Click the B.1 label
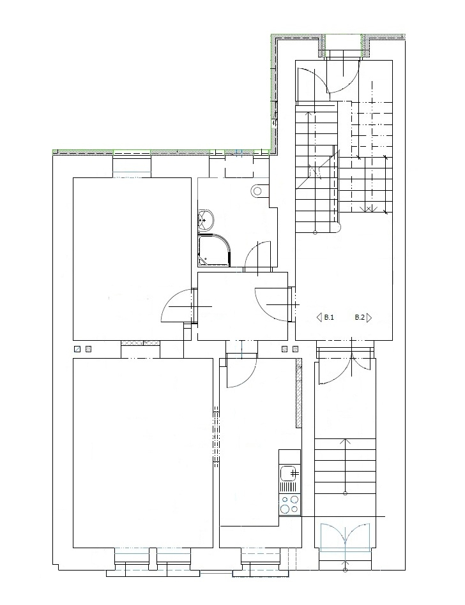[329, 318]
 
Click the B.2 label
[360, 318]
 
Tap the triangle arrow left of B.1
[319, 318]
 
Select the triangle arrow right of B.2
[369, 318]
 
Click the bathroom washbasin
[206, 220]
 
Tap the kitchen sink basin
[289, 472]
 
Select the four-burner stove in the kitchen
[289, 504]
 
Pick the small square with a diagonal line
[77, 349]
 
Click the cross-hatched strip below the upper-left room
[141, 343]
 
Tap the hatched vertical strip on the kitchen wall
[299, 392]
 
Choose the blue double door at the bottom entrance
[345, 535]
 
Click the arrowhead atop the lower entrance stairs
[346, 441]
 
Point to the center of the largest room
[143, 453]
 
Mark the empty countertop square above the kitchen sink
[289, 457]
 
